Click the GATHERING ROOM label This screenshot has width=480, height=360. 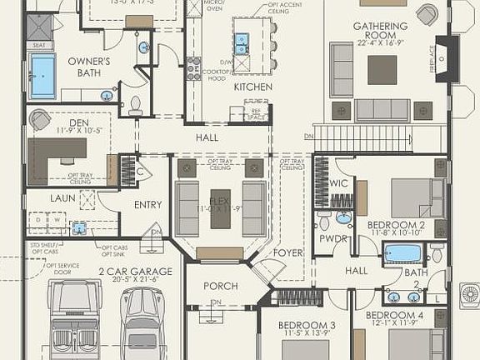click(x=380, y=27)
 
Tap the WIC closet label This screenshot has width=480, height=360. click(x=337, y=183)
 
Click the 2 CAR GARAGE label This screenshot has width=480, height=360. click(x=135, y=271)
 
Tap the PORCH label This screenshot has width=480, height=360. click(x=221, y=286)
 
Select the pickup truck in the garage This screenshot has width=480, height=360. click(x=74, y=321)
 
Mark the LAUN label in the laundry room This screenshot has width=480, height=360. click(x=62, y=198)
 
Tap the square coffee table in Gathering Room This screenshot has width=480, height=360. click(x=382, y=67)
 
